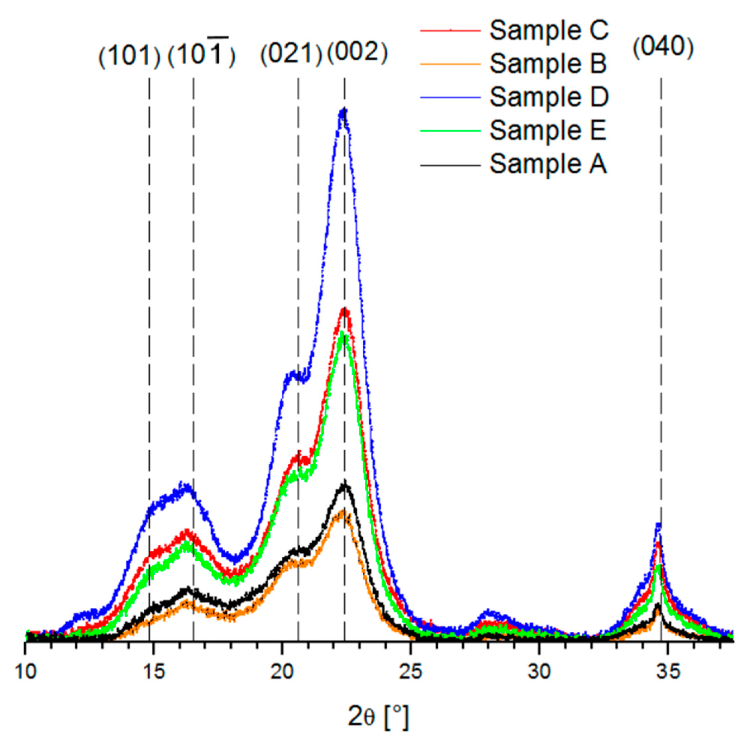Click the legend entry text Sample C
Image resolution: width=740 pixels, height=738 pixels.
click(x=549, y=30)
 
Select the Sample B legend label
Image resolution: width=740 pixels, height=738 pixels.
click(x=548, y=64)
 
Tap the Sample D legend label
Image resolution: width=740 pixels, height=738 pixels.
click(x=549, y=97)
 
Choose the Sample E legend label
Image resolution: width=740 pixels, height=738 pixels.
click(x=548, y=130)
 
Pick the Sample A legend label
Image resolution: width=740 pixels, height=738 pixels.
click(x=548, y=164)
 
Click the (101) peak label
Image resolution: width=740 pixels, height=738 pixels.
click(x=129, y=56)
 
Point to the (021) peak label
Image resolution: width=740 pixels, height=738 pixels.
click(x=291, y=54)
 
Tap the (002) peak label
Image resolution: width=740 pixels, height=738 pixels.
click(x=357, y=52)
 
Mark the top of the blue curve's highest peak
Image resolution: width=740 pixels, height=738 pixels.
click(x=343, y=110)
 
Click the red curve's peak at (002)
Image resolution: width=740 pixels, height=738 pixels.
click(x=344, y=310)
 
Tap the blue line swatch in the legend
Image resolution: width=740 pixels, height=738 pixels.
click(x=450, y=97)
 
